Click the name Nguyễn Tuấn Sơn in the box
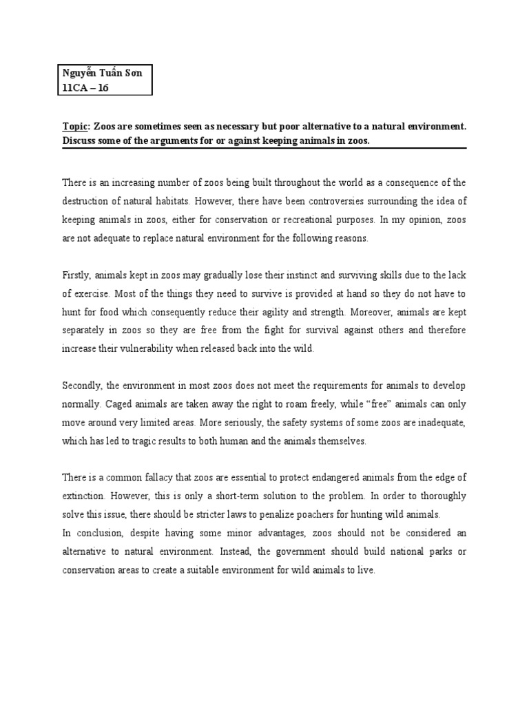103,73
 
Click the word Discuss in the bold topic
81,140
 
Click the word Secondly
83,385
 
